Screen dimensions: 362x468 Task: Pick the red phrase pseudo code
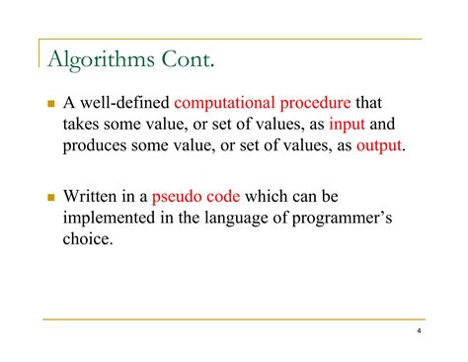click(x=195, y=197)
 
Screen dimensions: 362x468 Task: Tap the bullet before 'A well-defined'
click(x=49, y=103)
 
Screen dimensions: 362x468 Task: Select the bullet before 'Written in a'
click(x=49, y=197)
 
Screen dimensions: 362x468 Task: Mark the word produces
click(x=98, y=146)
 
